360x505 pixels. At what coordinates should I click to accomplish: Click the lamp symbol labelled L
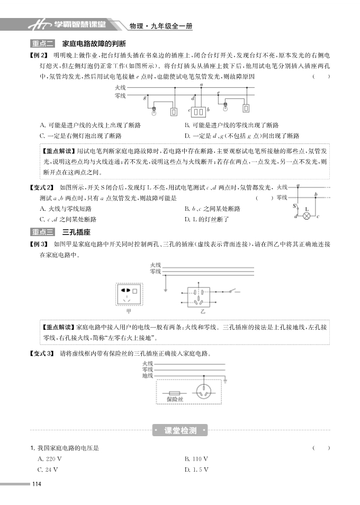click(305, 217)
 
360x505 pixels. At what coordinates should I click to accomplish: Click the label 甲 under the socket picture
click(129, 311)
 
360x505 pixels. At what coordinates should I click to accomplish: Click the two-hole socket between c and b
click(199, 112)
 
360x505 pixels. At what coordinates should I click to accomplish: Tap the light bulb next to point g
click(154, 111)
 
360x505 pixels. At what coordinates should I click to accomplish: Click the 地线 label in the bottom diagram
click(148, 376)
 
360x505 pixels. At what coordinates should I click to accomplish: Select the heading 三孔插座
click(77, 232)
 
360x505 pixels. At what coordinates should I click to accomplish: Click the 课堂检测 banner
click(181, 430)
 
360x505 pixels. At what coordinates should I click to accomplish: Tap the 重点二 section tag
click(43, 43)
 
